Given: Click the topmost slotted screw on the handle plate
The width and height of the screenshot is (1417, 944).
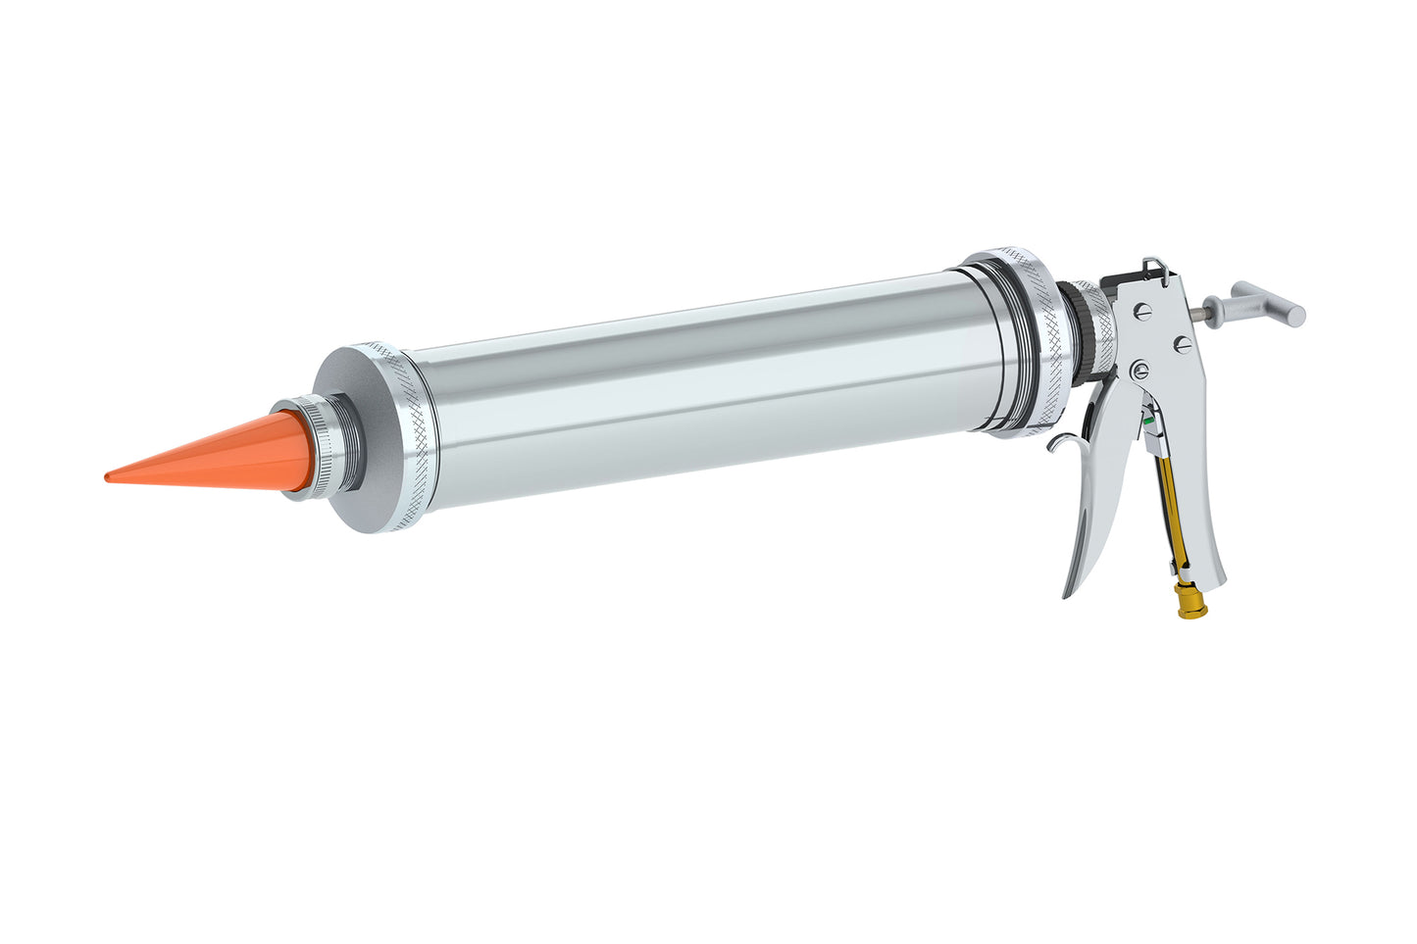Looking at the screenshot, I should click(x=1143, y=311).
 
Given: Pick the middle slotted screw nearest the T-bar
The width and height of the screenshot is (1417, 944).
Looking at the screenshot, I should click(x=1183, y=344).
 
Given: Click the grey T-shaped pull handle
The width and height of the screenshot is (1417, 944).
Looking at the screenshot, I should click(x=1269, y=301).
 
